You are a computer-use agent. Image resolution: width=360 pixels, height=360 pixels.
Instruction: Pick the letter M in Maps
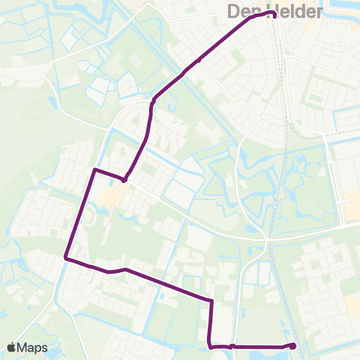[x=24, y=348]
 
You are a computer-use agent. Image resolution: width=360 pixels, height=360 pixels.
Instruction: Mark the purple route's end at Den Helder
[x=274, y=14]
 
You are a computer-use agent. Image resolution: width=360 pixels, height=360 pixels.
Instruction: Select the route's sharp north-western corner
[x=94, y=170]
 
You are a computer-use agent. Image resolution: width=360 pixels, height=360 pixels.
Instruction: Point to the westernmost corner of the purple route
[x=66, y=259]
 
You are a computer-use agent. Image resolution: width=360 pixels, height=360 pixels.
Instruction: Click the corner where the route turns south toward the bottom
[x=212, y=301]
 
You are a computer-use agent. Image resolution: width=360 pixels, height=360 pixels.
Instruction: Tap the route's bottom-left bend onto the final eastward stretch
[x=209, y=346]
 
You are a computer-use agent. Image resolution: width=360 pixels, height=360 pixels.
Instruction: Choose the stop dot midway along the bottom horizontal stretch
[x=232, y=346]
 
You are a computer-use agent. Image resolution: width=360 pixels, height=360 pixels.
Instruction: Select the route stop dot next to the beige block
[x=124, y=179]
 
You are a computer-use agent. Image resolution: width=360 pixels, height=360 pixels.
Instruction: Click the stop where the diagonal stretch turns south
[x=153, y=100]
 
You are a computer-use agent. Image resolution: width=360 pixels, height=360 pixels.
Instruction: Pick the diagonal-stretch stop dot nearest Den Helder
[x=199, y=61]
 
